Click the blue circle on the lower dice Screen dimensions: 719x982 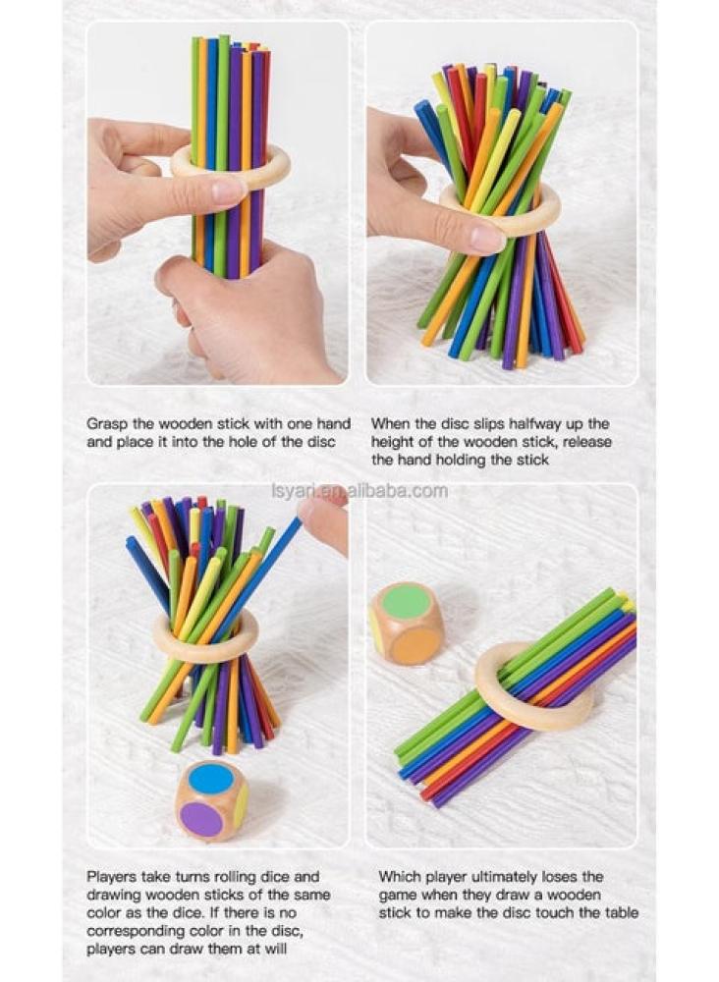(211, 778)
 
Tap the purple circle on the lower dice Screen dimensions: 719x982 (203, 818)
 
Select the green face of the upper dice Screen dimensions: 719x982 (406, 602)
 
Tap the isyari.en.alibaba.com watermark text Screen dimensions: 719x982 (359, 491)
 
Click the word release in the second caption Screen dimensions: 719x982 (585, 442)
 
